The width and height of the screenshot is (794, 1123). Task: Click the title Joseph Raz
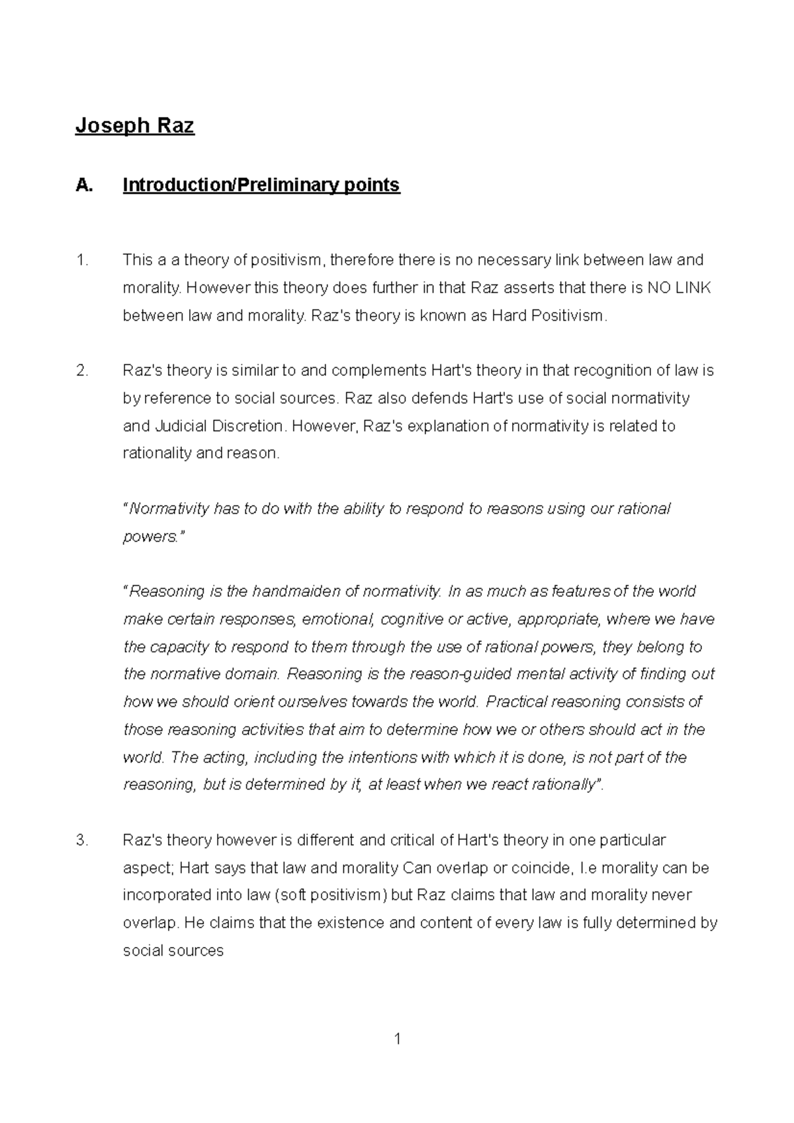134,125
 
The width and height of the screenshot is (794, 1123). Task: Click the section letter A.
83,185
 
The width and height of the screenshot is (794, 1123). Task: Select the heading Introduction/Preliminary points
261,185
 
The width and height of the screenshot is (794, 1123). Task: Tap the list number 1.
81,260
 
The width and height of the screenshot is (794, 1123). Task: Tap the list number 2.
81,370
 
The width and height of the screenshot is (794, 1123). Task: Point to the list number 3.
81,841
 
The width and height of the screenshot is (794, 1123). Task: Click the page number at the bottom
397,1039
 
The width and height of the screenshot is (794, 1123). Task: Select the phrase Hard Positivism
547,315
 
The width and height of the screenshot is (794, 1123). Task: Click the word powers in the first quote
150,536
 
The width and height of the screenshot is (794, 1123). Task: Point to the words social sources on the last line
173,951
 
